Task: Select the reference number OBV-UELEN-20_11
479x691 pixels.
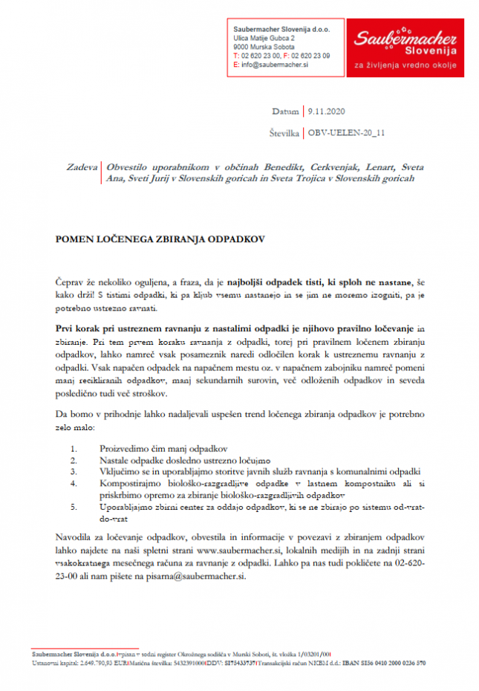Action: pos(349,133)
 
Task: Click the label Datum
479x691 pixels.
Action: pos(285,112)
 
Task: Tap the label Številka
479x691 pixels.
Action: pos(283,133)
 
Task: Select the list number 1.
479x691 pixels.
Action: pos(73,449)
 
